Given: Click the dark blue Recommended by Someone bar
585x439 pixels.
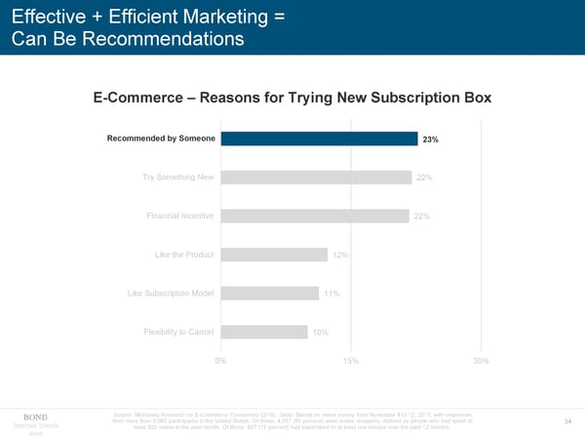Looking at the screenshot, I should coord(320,139).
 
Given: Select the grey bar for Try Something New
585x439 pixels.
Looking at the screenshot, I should coord(316,177).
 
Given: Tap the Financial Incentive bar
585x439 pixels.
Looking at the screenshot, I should coord(316,216).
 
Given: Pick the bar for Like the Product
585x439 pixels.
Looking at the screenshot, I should coord(274,255).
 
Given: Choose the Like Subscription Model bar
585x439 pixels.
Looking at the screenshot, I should coord(270,293).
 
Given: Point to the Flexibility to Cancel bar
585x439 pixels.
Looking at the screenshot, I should coord(264,332).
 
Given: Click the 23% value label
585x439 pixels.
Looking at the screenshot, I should coord(430,140).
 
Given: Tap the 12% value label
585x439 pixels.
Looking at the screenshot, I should coord(341,256).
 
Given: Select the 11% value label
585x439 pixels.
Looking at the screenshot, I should coord(331,294).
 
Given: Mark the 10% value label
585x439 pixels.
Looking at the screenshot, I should coord(321,333).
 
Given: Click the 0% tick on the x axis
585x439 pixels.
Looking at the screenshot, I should coord(221,361).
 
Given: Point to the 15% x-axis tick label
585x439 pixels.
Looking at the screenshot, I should coord(351,361).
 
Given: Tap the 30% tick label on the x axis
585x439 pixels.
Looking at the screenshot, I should coord(480,361).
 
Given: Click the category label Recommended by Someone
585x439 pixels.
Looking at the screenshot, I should coord(162,139).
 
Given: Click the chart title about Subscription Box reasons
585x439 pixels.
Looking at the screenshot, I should coord(292,99).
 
